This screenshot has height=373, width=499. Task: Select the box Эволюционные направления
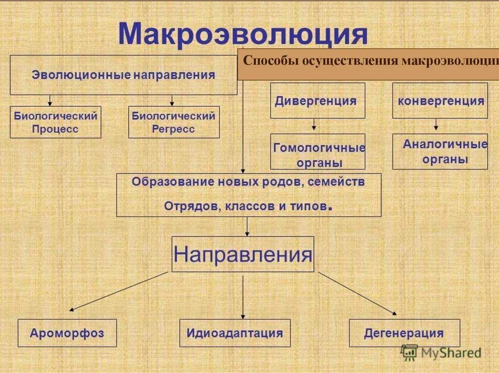[123, 75]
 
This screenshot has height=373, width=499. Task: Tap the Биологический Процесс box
[55, 122]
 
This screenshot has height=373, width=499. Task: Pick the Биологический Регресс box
[173, 122]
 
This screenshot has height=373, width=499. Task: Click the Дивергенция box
[317, 101]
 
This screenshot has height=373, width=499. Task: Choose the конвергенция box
[440, 101]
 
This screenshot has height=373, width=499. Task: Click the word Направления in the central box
[243, 254]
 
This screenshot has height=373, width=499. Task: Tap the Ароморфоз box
[67, 333]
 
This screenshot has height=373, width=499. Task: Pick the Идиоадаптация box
[234, 333]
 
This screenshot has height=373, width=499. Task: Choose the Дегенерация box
[404, 333]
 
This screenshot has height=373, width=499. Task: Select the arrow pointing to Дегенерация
[358, 293]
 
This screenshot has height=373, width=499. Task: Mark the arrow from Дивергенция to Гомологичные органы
[314, 124]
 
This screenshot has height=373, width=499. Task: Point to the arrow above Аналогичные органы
[436, 125]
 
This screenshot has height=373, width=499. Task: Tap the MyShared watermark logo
[441, 353]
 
